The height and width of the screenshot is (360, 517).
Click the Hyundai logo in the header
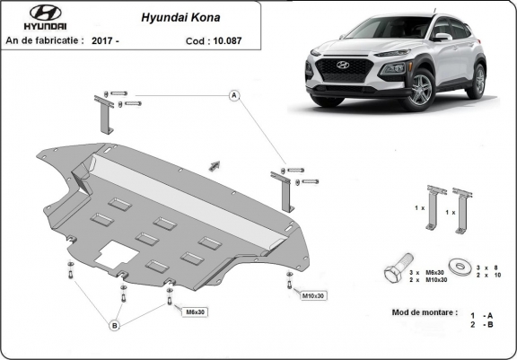33,17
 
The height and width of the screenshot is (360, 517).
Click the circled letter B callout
114,325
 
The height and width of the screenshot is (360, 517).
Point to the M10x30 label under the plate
313,294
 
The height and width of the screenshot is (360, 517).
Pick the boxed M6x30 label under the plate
195,312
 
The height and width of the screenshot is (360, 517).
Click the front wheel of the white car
419,90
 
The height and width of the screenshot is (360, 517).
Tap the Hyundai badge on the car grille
342,66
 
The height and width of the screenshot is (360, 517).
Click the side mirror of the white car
443,37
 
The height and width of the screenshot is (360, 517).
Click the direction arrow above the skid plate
214,164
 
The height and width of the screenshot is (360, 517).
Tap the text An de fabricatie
45,40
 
